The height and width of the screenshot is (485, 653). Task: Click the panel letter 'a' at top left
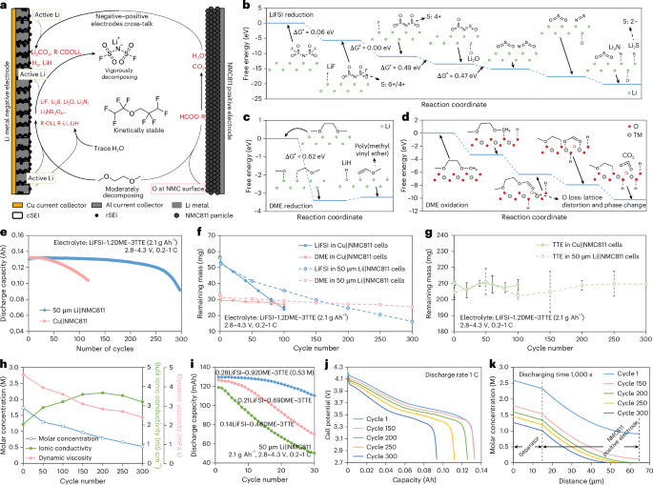6,7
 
